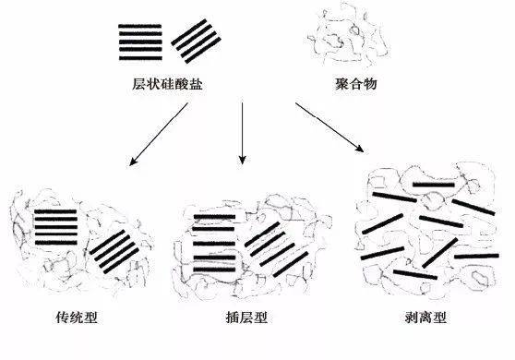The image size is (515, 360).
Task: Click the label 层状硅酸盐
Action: tap(167, 84)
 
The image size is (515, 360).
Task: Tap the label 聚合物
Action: tap(355, 84)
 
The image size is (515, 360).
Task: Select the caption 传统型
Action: tap(77, 318)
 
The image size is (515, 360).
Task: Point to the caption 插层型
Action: tap(246, 318)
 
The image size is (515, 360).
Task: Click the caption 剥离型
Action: tap(425, 318)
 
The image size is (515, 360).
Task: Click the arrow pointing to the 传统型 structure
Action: tap(159, 135)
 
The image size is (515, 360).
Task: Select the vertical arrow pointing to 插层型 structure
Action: tap(243, 133)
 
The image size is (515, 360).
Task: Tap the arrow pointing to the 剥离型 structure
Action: tap(329, 127)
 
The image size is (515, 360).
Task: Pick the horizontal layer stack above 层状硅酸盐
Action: tap(140, 42)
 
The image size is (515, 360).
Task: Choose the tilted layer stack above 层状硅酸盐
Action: tap(196, 41)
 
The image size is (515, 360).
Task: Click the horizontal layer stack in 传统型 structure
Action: tap(55, 227)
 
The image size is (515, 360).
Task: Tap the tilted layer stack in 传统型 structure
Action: tap(114, 252)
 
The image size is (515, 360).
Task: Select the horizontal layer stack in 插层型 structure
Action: tap(214, 244)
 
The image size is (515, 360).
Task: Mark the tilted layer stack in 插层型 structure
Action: tap(277, 249)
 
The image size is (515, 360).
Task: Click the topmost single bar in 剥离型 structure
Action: tap(434, 185)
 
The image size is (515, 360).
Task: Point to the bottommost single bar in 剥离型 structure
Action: tap(415, 274)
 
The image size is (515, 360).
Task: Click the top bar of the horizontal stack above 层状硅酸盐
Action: tap(140, 26)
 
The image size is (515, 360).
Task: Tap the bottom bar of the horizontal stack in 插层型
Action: tap(214, 270)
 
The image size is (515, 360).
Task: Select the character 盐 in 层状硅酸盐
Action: tap(196, 84)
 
